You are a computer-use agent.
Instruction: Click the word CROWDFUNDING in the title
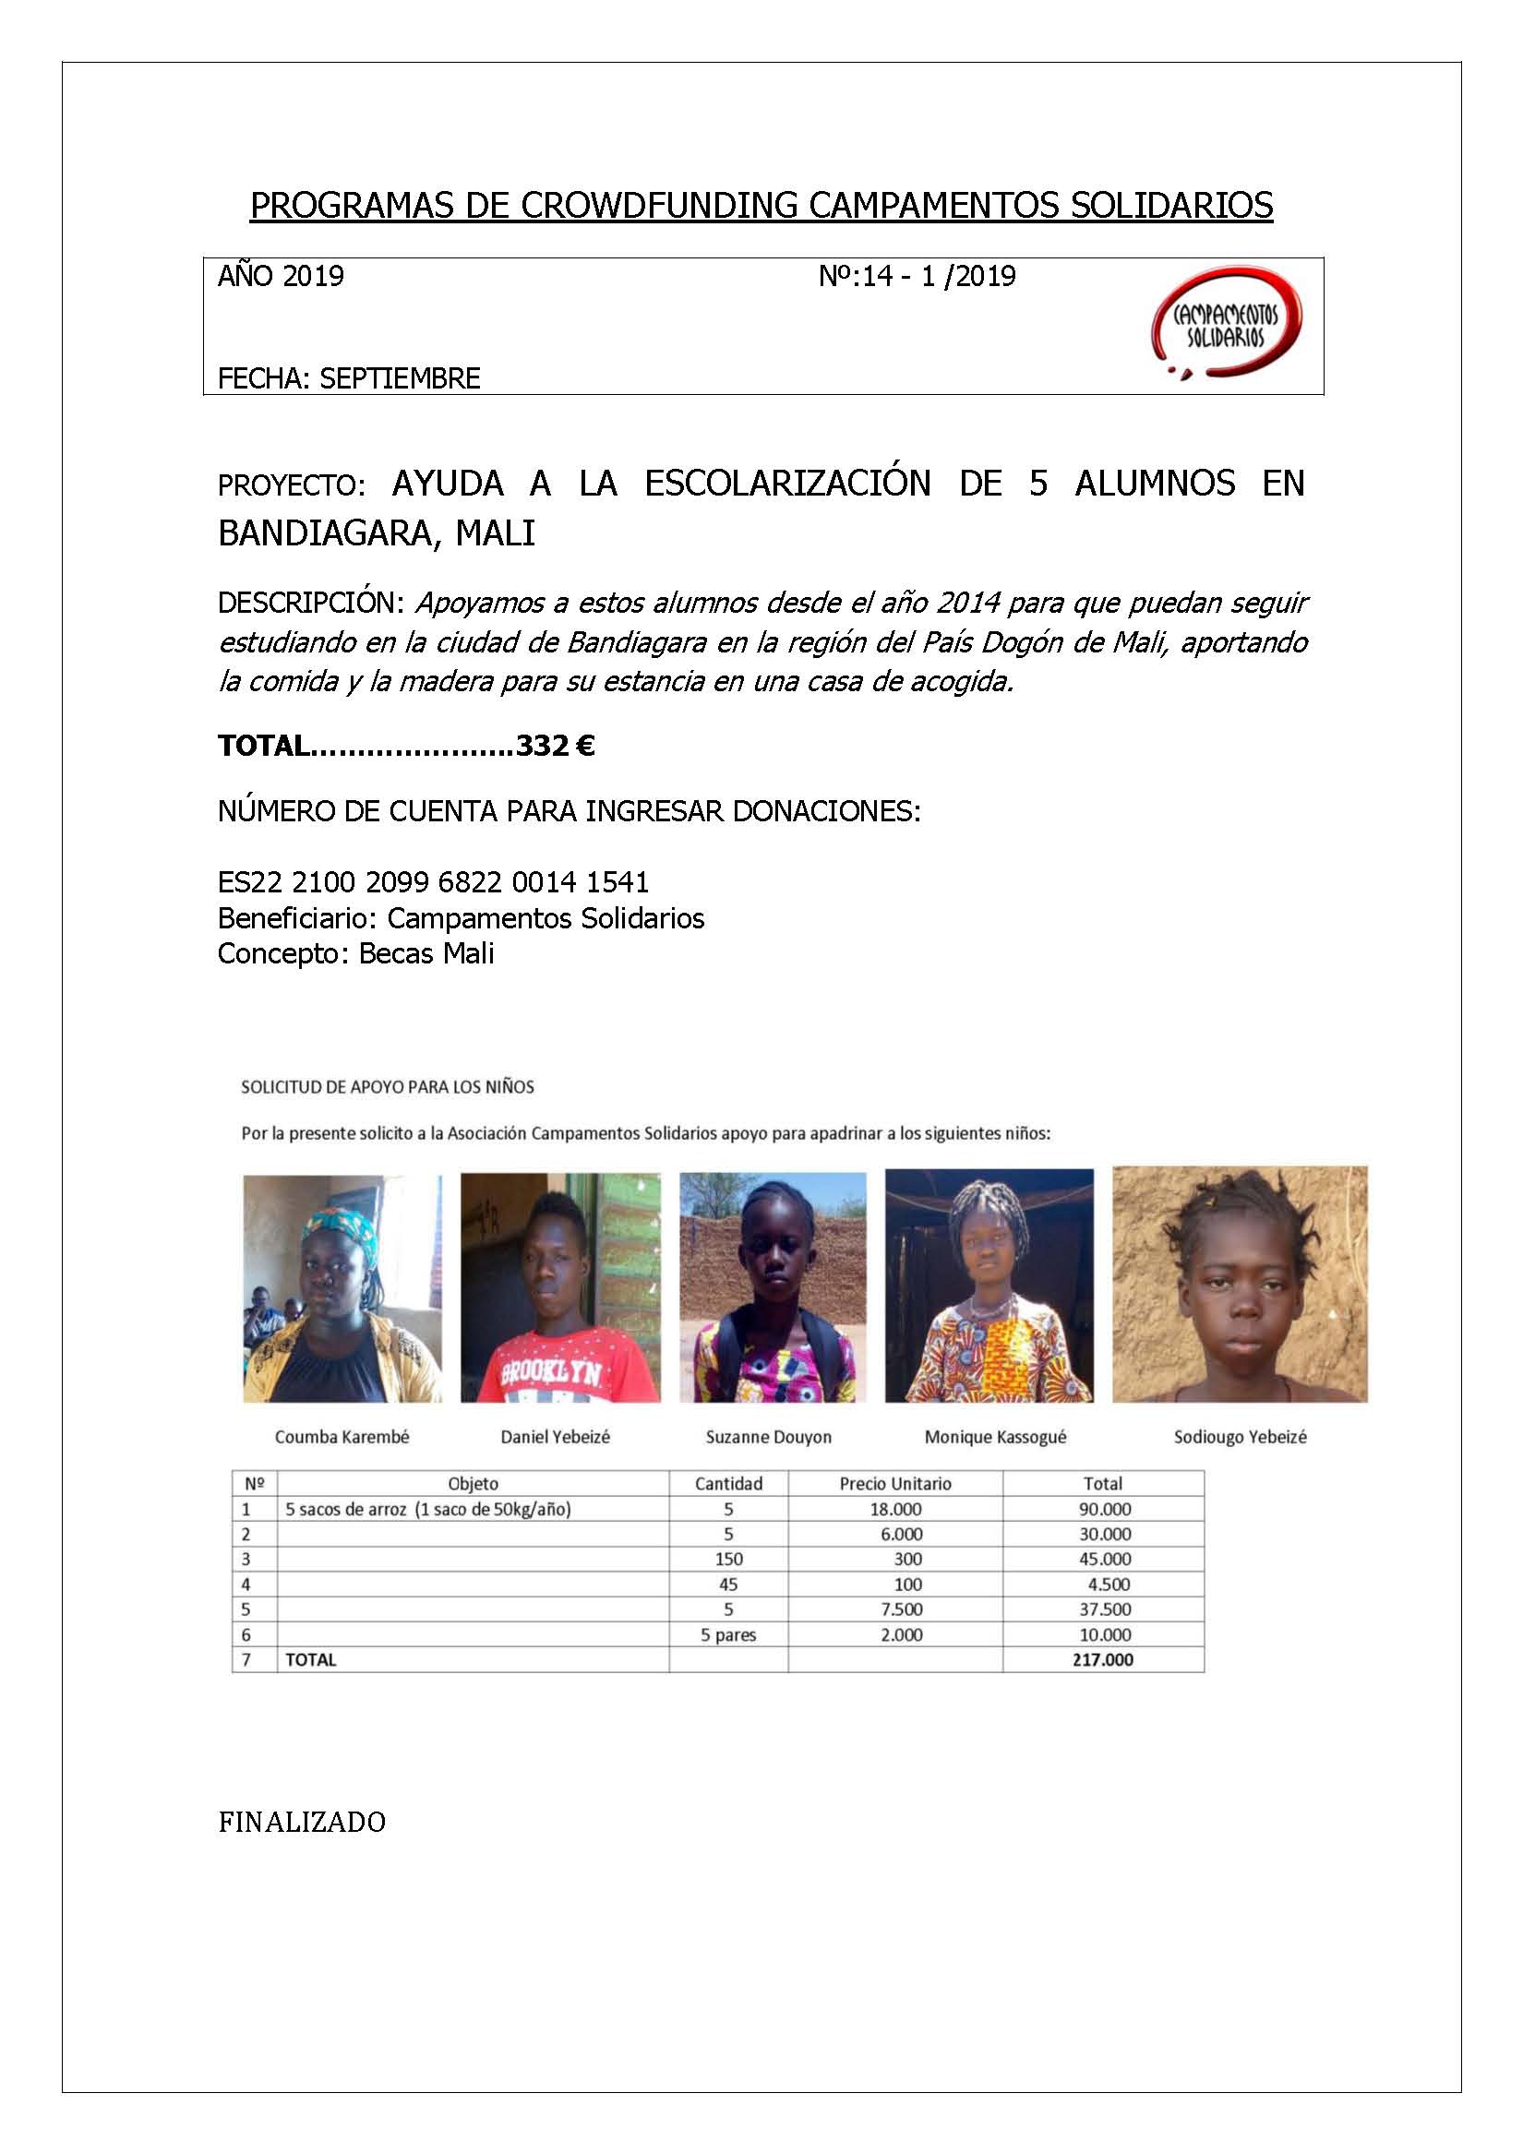[657, 206]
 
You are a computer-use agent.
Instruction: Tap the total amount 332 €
[555, 747]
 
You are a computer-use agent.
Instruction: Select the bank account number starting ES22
[433, 882]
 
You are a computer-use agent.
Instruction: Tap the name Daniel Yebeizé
[555, 1437]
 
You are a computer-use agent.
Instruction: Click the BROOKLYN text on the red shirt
[549, 1374]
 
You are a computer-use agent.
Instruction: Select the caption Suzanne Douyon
[768, 1437]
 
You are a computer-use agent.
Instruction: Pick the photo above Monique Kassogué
[989, 1286]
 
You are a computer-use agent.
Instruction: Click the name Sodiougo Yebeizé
[1240, 1437]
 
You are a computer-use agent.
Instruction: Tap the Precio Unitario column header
[894, 1483]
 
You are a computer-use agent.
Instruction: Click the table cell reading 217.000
[1103, 1659]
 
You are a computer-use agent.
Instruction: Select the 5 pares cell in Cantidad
[727, 1634]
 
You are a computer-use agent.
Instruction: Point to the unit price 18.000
[894, 1509]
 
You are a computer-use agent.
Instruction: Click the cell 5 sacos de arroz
[427, 1509]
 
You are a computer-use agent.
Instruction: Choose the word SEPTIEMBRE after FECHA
[400, 379]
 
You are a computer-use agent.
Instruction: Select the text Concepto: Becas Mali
[355, 953]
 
